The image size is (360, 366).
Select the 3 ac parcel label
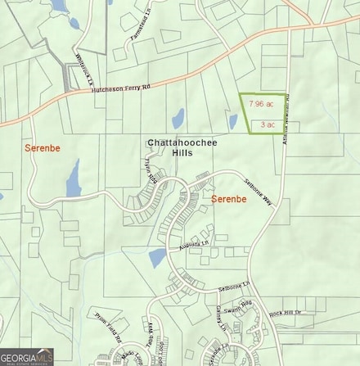click(x=267, y=124)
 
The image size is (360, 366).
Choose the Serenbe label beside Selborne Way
click(x=229, y=199)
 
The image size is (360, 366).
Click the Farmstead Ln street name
click(x=142, y=29)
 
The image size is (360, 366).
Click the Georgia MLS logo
click(x=26, y=357)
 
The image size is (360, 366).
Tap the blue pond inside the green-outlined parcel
click(x=233, y=122)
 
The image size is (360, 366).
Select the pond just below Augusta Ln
click(x=158, y=258)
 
